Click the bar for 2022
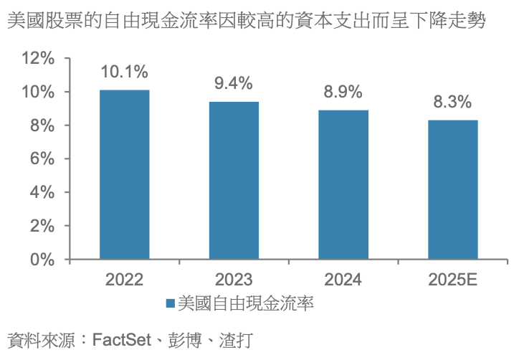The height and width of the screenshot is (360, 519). (x=125, y=174)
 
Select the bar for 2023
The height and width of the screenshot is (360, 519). (x=234, y=180)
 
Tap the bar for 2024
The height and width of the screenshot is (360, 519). (x=343, y=184)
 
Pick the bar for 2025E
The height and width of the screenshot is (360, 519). (x=453, y=189)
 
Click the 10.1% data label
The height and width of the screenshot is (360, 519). (x=125, y=72)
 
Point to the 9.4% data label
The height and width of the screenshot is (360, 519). (x=234, y=83)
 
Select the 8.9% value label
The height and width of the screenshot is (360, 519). (x=343, y=93)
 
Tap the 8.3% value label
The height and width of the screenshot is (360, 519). (x=453, y=102)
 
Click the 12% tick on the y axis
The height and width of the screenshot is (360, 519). (x=39, y=59)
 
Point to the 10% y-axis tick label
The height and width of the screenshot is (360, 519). (x=39, y=93)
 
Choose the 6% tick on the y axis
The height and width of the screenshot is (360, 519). (x=44, y=159)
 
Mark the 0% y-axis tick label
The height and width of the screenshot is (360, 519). (x=44, y=259)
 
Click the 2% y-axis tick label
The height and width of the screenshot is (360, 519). (x=44, y=226)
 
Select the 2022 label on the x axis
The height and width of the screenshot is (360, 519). (x=125, y=280)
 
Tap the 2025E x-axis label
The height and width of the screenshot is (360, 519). (x=453, y=280)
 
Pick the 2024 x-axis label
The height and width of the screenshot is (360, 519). (x=343, y=280)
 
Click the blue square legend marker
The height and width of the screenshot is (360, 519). (x=170, y=303)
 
